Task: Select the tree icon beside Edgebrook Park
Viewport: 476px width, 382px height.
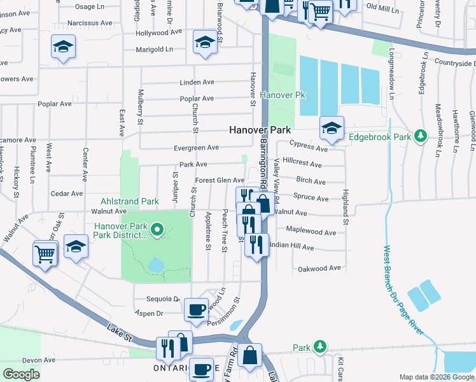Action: coord(420,136)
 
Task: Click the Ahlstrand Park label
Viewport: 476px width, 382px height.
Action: coord(130,201)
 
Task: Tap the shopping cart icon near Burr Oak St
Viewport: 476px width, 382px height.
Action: coord(45,254)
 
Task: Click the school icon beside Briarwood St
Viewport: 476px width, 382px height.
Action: coord(204,43)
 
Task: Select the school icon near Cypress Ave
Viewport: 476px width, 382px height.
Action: coord(331,127)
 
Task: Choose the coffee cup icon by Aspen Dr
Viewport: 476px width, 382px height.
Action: coord(197,309)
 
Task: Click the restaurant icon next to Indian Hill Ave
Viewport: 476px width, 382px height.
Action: coord(256,243)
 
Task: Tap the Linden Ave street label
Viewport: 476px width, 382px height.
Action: coord(197,83)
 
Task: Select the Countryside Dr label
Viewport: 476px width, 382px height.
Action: coord(455,63)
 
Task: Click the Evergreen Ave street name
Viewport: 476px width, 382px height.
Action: coord(197,148)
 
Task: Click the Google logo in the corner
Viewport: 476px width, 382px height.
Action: coord(21,374)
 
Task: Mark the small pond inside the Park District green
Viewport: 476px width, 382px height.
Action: coord(155,264)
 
